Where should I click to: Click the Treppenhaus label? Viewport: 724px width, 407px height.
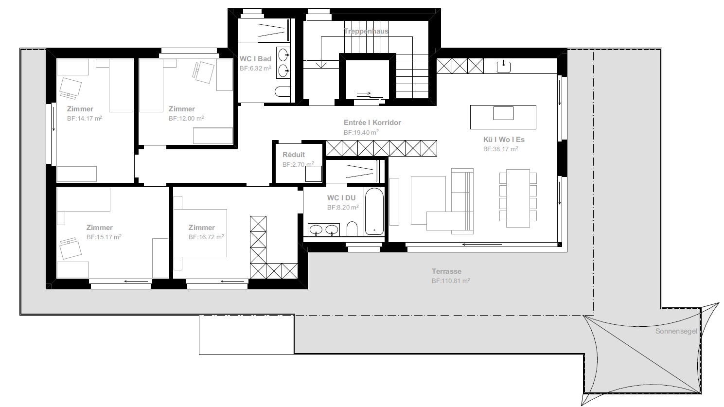pyautogui.click(x=366, y=31)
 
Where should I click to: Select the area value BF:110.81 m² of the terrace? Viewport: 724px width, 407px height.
pyautogui.click(x=450, y=281)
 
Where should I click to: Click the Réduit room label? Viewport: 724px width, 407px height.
pyautogui.click(x=294, y=155)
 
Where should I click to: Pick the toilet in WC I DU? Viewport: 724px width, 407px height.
pyautogui.click(x=353, y=229)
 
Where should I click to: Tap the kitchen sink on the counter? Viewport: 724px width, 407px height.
pyautogui.click(x=503, y=66)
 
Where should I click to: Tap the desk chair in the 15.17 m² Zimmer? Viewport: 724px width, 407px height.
pyautogui.click(x=69, y=249)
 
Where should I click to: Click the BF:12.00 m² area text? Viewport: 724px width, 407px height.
pyautogui.click(x=186, y=118)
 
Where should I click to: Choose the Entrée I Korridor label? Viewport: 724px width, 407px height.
pyautogui.click(x=372, y=123)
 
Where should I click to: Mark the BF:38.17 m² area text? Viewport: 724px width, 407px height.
pyautogui.click(x=500, y=149)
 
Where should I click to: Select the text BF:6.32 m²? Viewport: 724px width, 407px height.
pyautogui.click(x=255, y=69)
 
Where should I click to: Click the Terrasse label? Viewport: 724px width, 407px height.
pyautogui.click(x=446, y=271)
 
